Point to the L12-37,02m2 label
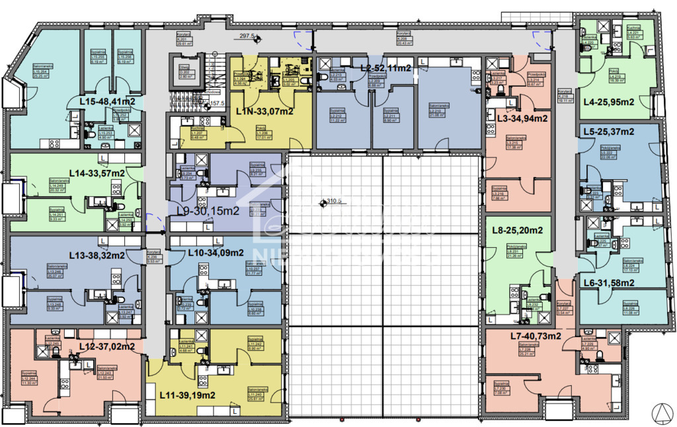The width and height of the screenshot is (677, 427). (107, 346)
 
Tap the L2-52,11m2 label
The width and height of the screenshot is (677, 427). (386, 68)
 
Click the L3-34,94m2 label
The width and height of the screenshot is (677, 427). (522, 119)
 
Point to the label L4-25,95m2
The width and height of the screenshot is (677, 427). (609, 102)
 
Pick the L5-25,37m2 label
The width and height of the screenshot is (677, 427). (609, 132)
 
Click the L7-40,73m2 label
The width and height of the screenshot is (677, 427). (536, 336)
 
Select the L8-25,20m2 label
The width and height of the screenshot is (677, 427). (518, 231)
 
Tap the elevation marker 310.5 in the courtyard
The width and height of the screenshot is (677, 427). (331, 203)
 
